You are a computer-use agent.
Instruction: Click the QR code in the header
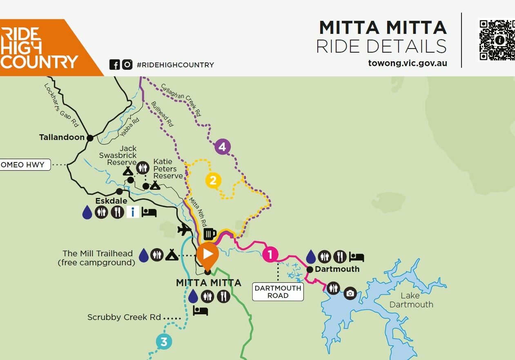[497, 40]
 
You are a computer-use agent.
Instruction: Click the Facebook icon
[114, 64]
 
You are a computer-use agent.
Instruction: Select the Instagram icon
[127, 64]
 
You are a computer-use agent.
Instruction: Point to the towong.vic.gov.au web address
[407, 63]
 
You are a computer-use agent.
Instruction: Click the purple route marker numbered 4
[222, 147]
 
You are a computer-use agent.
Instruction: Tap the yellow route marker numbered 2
[213, 180]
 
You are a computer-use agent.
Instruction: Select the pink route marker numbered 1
[270, 254]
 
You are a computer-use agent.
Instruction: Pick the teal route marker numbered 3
[164, 342]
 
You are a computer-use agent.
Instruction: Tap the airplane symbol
[185, 230]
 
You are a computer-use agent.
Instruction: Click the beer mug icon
[210, 234]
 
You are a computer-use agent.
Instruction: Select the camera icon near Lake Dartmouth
[350, 293]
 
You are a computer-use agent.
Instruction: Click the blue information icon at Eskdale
[133, 212]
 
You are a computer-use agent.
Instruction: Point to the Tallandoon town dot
[90, 138]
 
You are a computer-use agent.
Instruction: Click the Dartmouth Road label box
[278, 292]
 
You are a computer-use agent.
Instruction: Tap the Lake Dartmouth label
[411, 300]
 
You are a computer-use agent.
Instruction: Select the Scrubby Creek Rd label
[124, 317]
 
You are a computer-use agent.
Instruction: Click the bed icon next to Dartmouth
[357, 257]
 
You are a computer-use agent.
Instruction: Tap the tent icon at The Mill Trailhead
[171, 255]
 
